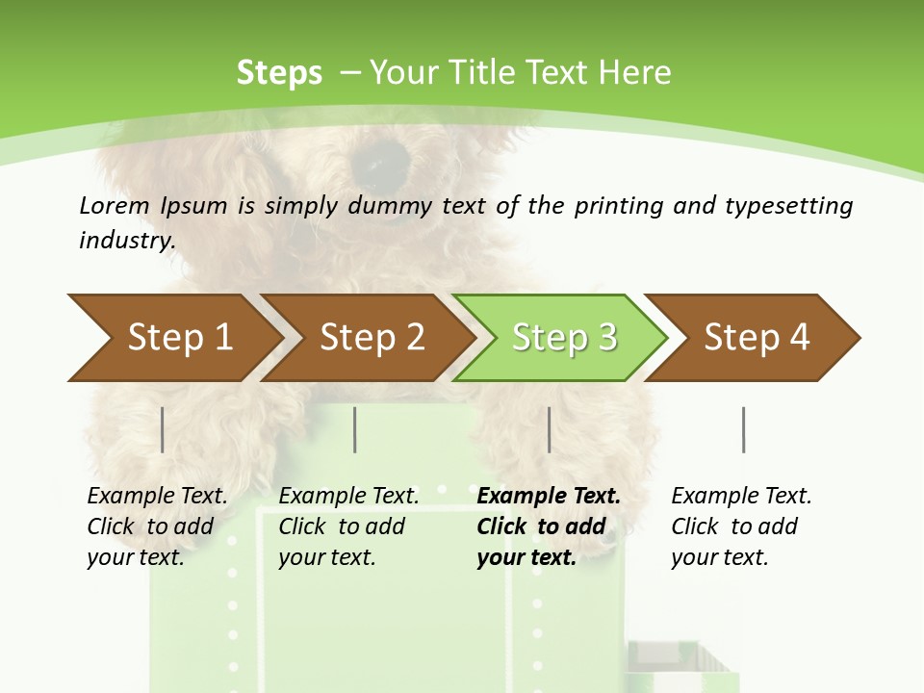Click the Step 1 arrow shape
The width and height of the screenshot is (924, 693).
(173, 338)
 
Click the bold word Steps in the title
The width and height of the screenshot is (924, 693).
(279, 73)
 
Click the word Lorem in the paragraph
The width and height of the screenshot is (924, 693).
(112, 205)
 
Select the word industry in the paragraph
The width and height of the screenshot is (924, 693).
(126, 241)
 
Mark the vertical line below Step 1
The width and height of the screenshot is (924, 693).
(162, 429)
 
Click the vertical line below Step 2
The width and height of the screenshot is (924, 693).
(355, 429)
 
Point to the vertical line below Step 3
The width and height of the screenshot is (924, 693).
(549, 429)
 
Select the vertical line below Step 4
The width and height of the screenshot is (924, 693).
(743, 429)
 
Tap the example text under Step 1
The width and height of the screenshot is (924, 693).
(157, 526)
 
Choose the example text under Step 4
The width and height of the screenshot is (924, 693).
(741, 526)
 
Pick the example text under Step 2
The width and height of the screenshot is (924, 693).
(348, 526)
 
